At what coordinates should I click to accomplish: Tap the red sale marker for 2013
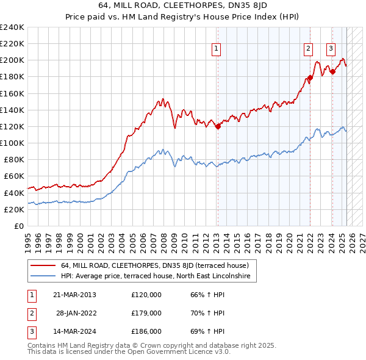[x=218, y=126]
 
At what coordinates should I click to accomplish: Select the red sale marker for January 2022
[x=310, y=77]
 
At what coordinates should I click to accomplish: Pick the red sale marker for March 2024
[x=332, y=72]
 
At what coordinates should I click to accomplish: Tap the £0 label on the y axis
[x=19, y=226]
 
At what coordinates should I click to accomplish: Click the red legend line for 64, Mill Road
[x=43, y=266]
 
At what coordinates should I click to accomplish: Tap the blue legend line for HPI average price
[x=43, y=276]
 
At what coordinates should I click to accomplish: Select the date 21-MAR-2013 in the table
[x=74, y=295]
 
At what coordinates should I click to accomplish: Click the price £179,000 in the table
[x=146, y=313]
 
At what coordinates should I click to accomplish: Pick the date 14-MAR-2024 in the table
[x=74, y=331]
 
